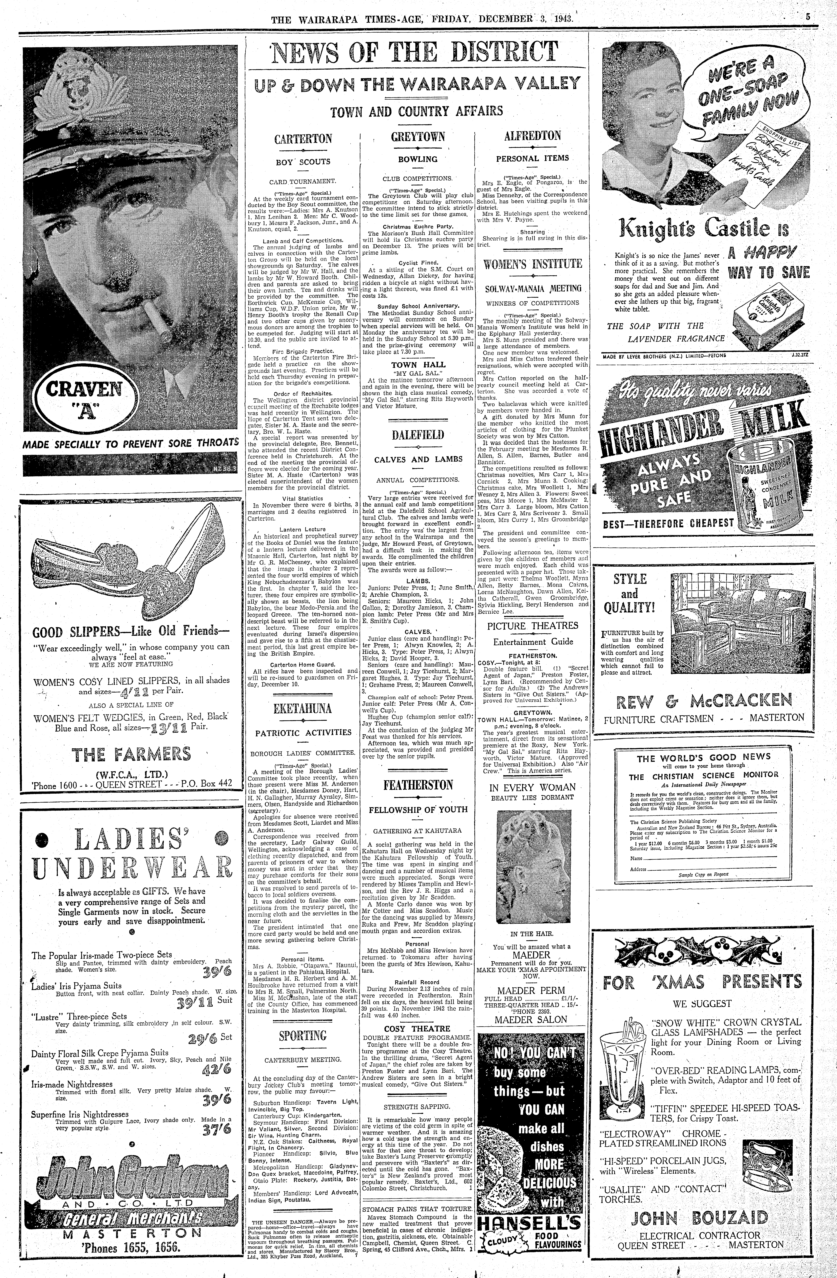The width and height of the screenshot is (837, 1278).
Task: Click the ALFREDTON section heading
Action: [532, 136]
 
